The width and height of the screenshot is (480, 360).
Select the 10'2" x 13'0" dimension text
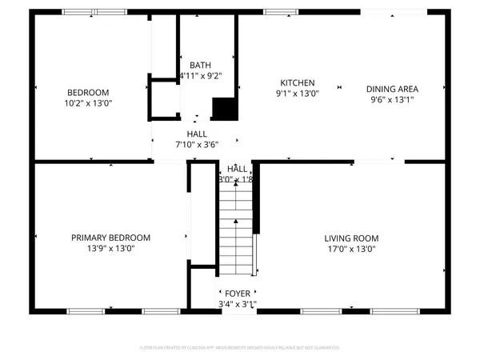88,103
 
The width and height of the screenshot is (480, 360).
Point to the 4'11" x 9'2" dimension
200,76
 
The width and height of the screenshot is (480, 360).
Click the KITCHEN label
297,83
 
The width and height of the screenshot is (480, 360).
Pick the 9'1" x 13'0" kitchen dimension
297,94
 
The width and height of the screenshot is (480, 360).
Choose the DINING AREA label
394,89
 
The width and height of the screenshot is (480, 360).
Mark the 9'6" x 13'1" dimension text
394,99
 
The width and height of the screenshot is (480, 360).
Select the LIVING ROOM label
351,238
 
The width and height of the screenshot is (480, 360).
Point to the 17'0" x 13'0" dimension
351,249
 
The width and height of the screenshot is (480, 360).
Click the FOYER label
237,293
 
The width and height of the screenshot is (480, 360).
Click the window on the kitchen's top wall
278,12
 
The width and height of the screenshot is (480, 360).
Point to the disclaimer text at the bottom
240,347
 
